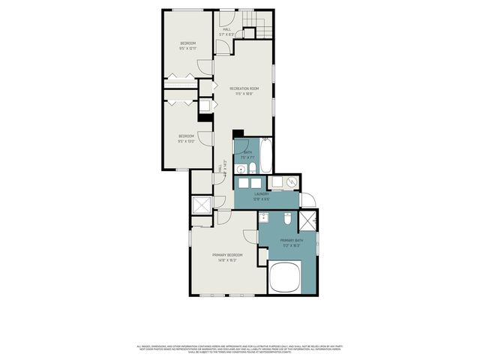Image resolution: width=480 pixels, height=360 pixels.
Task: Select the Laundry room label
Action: (261, 193)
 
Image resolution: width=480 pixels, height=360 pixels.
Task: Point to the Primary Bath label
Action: (271, 240)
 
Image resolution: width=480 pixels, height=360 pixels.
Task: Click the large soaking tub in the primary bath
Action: (285, 277)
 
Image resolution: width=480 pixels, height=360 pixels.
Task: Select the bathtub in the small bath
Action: (265, 154)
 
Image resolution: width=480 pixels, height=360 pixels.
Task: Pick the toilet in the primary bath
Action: (287, 219)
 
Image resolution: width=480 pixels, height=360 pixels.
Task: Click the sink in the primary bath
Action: (265, 218)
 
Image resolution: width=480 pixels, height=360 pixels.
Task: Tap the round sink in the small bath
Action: (241, 169)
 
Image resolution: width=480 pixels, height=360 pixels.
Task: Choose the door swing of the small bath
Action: (241, 147)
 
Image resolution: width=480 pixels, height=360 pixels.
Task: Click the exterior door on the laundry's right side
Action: (310, 201)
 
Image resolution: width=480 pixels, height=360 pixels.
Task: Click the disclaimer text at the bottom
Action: (239, 349)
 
